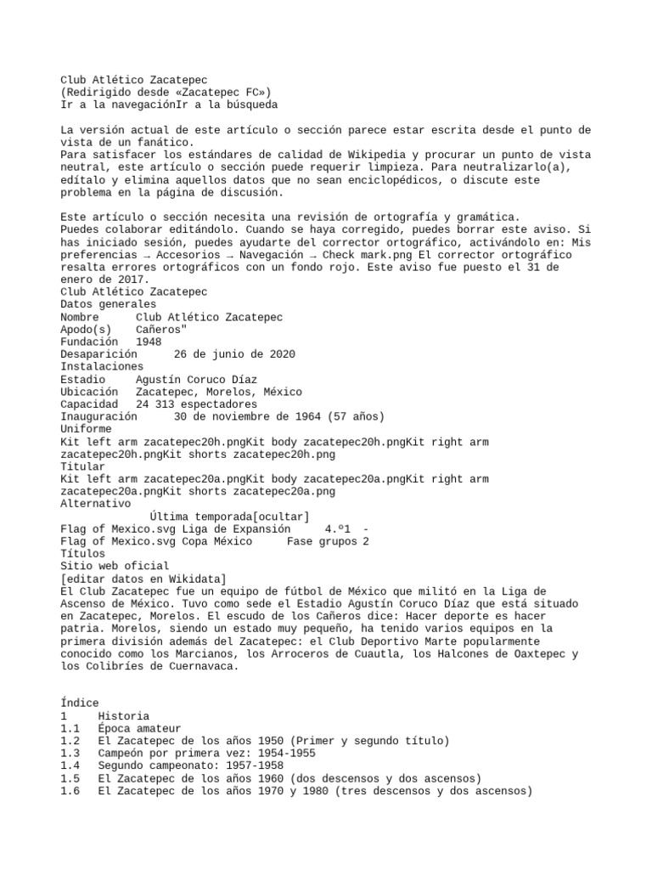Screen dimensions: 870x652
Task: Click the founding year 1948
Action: click(149, 342)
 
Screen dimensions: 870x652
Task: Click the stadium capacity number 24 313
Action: click(158, 404)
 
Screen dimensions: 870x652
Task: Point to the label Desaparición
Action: click(98, 354)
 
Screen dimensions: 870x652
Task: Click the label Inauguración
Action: click(98, 417)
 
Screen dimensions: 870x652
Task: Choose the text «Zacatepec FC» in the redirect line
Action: click(229, 93)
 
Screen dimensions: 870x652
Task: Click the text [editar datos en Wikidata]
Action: click(143, 579)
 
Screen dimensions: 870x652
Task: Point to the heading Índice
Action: click(80, 703)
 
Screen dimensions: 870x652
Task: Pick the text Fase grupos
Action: click(322, 541)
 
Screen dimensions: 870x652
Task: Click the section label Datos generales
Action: click(108, 304)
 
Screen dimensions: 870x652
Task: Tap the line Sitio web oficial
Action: click(115, 566)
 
